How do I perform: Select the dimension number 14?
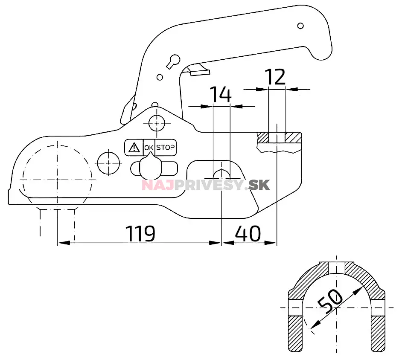(220, 94)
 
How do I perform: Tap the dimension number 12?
(275, 78)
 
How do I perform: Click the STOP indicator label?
(166, 148)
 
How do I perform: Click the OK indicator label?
(149, 148)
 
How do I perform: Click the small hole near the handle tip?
(300, 26)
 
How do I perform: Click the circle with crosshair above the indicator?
(157, 123)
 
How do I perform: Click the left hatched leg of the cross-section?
(295, 333)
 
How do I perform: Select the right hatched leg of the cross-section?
(378, 333)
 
